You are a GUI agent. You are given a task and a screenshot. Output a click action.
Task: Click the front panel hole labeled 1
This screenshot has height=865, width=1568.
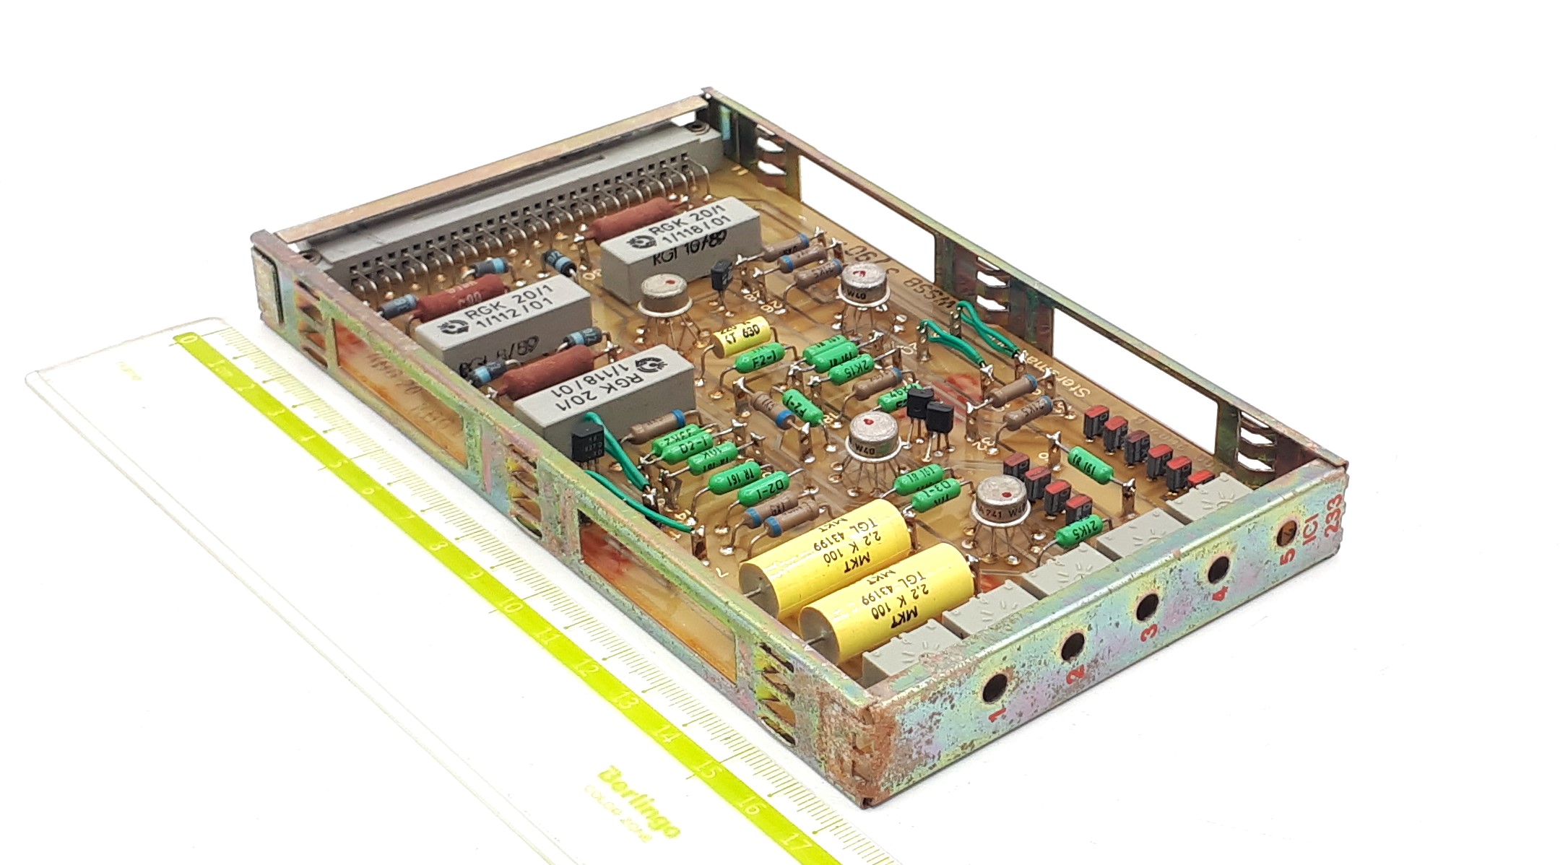point(995,687)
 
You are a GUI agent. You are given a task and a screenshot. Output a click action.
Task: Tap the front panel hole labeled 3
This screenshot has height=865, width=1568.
point(1146,607)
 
